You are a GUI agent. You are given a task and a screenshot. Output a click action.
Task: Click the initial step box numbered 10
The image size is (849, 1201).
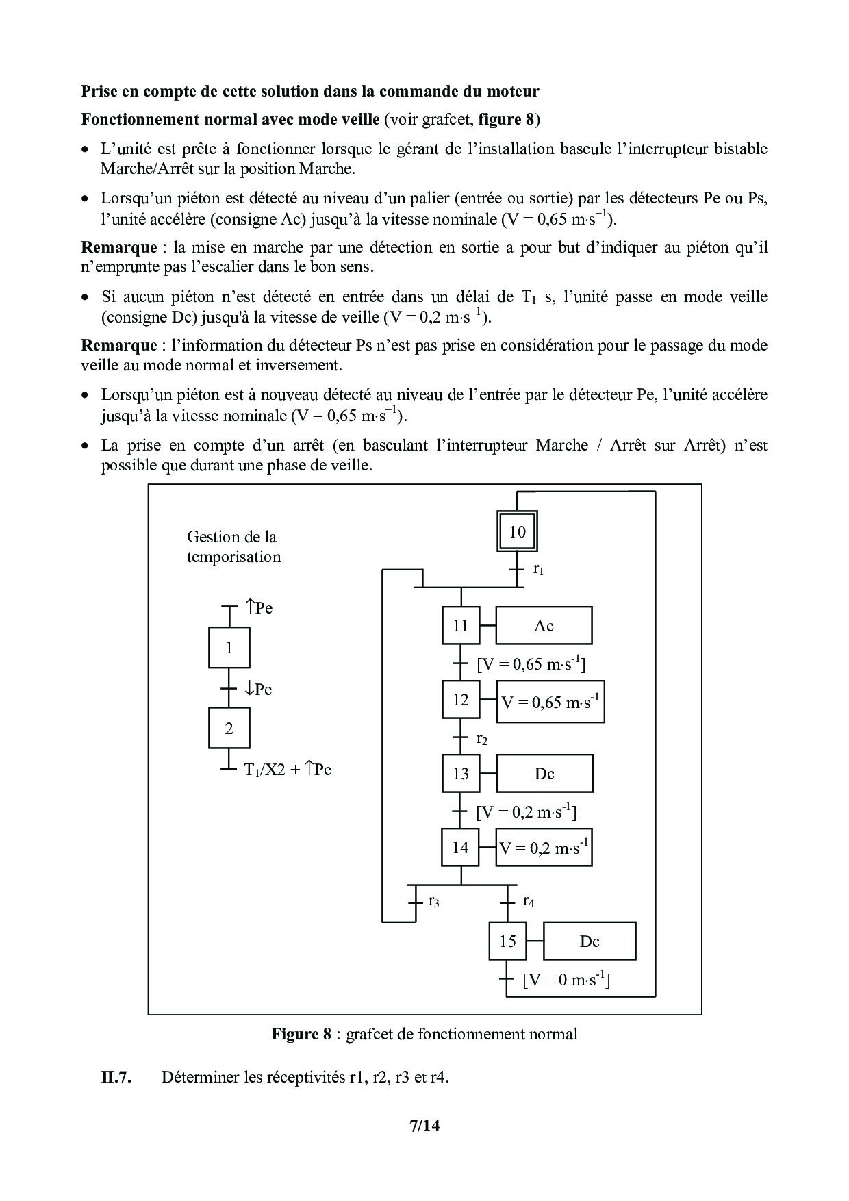point(517,531)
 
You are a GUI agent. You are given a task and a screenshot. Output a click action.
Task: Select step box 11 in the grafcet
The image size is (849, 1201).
point(461,625)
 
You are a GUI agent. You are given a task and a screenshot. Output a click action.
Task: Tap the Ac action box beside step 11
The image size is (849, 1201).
point(544,625)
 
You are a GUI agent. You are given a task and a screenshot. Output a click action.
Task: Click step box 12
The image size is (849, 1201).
point(461,700)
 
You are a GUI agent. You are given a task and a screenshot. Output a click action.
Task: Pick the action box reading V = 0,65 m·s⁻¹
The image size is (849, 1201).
point(550,702)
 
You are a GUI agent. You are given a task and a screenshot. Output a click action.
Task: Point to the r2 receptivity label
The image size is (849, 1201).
point(482,739)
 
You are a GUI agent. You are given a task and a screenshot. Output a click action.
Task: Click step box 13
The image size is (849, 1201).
point(461,774)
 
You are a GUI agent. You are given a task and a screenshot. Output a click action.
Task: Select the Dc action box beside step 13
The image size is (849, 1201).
point(544,774)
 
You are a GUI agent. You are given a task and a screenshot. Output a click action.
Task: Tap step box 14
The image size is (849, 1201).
point(461,848)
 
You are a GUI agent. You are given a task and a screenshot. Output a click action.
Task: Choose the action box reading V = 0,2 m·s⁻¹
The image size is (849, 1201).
point(544,848)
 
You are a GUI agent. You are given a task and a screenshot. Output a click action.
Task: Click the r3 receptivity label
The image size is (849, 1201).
point(433,901)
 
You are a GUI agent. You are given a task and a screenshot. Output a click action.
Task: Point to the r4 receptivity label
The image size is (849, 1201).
point(528,901)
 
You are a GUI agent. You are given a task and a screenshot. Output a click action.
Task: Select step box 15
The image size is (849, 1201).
point(507,941)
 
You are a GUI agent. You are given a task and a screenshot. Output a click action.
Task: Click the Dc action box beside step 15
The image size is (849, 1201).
point(590,941)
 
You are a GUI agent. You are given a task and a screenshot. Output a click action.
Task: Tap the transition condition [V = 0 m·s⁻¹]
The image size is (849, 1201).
point(566,980)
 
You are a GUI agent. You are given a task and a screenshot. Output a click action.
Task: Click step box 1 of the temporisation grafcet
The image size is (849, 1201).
point(229,648)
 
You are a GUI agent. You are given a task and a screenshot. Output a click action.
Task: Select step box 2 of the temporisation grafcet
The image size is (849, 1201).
point(229,729)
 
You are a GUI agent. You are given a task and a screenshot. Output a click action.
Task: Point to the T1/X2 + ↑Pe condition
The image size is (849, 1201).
point(288,770)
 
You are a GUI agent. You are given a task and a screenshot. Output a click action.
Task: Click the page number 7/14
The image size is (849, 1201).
point(424,1126)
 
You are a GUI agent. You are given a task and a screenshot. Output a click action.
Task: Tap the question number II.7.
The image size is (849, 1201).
point(116,1077)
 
